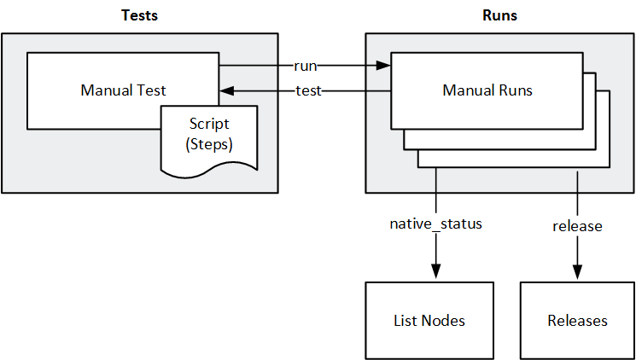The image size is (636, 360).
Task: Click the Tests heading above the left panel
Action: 139,15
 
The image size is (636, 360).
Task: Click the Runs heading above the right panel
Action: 499,15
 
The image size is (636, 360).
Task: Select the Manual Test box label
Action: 123,90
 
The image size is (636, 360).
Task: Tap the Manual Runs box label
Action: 487,90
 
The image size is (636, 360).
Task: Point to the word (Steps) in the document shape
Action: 208,144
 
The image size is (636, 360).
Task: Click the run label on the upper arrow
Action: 305,65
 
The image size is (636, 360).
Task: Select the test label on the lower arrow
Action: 307,91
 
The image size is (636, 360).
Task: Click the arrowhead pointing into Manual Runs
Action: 384,65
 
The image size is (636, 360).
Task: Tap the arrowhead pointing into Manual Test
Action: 227,91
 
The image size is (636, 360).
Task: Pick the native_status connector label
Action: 435,225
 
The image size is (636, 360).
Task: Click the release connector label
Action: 577,226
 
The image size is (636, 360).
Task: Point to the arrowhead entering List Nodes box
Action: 436,271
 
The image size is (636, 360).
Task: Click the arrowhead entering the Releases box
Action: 577,271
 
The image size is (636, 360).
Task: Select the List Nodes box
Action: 429,320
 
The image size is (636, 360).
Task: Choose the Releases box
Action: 577,320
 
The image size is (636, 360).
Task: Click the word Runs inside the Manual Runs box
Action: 515,90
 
